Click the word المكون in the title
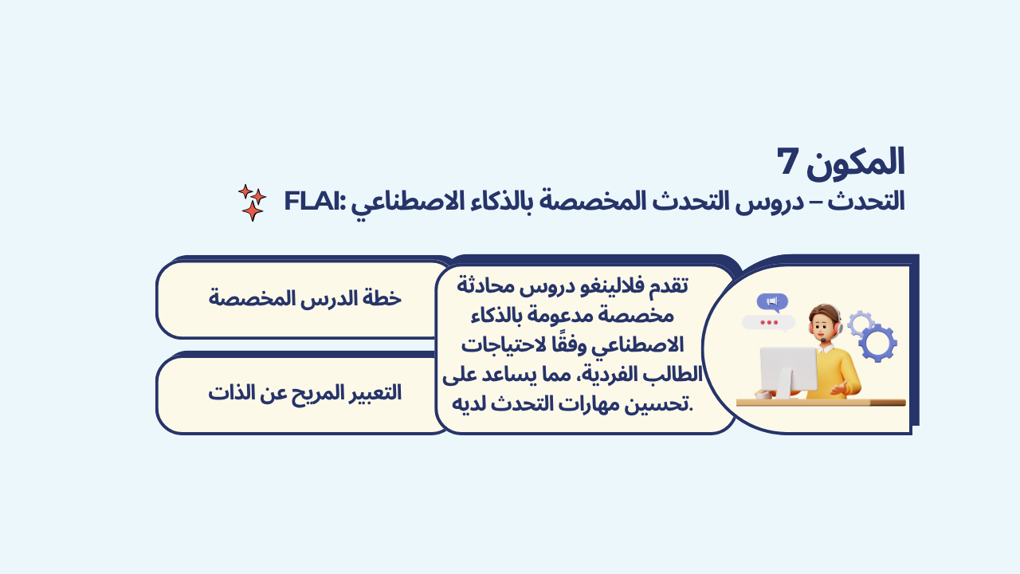point(855,162)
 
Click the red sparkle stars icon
point(252,202)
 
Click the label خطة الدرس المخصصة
point(305,299)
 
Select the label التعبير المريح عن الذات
point(305,393)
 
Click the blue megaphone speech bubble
point(772,302)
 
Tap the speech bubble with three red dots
point(769,323)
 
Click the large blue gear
point(878,343)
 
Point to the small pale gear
point(860,323)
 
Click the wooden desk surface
point(821,403)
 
